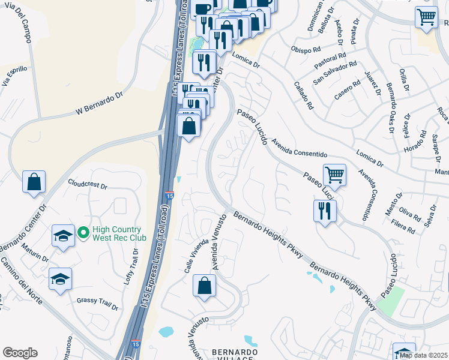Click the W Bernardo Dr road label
98,103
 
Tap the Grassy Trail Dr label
98,303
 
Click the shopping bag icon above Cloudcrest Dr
34,181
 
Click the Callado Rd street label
304,95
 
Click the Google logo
20,352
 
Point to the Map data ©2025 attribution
423,355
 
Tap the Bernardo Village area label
235,354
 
